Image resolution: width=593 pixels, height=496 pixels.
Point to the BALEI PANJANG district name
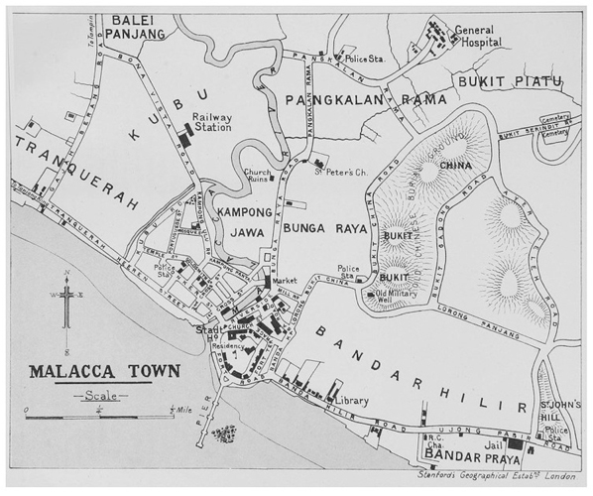click(137, 27)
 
